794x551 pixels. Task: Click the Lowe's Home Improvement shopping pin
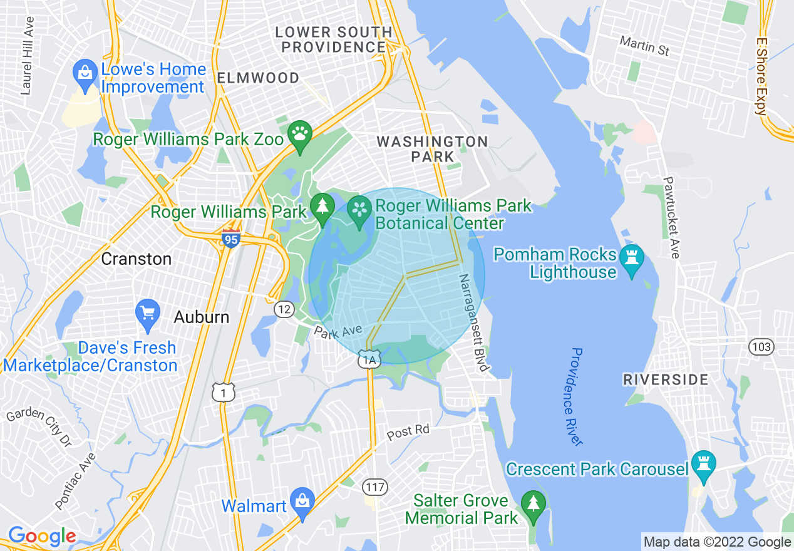(85, 72)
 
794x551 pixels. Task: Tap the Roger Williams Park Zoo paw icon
(299, 135)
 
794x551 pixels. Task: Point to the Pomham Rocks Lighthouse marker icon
(631, 259)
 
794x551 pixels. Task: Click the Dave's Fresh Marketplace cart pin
(148, 313)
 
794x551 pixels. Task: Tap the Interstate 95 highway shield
(231, 238)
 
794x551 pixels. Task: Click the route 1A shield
(368, 359)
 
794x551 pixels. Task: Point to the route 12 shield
(284, 308)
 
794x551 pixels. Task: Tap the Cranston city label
(136, 259)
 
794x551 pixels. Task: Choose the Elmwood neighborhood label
(258, 78)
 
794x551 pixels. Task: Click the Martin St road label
(644, 46)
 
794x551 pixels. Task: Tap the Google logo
(42, 536)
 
